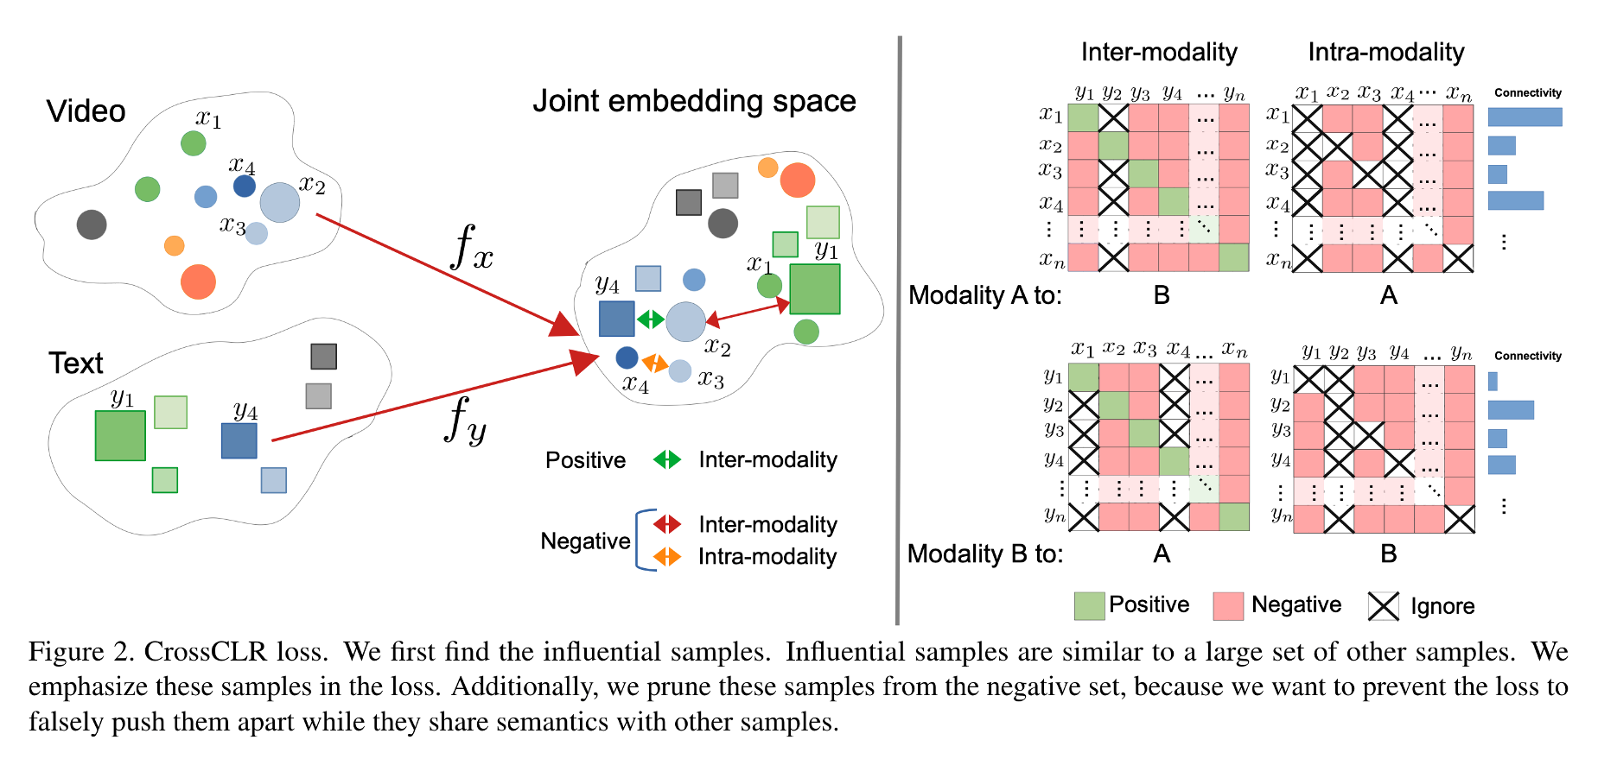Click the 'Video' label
[x=86, y=111]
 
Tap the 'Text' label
[x=76, y=364]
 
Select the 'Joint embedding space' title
[x=694, y=102]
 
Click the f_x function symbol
[x=472, y=247]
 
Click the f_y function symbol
[x=466, y=420]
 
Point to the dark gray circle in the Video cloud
[x=92, y=225]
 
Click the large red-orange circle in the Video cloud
[x=198, y=281]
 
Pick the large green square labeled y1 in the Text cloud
[x=120, y=435]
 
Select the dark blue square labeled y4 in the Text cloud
[x=239, y=440]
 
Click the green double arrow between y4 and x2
[x=650, y=319]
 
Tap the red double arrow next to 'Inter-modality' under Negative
[x=667, y=524]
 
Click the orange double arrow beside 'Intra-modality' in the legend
[x=667, y=557]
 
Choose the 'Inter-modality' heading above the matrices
[x=1159, y=53]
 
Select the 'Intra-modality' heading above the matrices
[x=1385, y=53]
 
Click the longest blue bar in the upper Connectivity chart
[x=1525, y=117]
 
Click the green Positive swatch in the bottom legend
[x=1089, y=606]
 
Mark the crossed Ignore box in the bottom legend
[x=1383, y=606]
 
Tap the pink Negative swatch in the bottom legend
[x=1228, y=606]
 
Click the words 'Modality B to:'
[x=985, y=553]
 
